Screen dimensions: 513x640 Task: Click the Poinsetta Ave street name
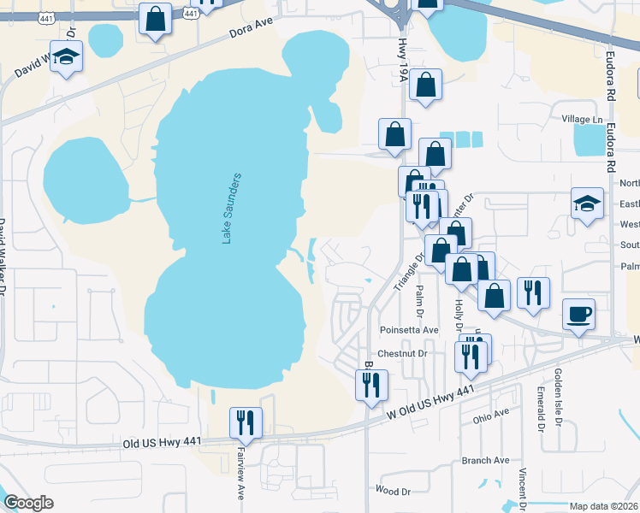[408, 330]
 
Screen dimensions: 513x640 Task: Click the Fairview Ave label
[242, 478]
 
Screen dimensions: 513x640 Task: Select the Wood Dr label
[393, 491]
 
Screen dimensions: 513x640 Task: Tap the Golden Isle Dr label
[557, 398]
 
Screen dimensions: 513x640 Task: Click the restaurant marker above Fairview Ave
[246, 422]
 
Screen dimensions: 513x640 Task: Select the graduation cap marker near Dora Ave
[65, 57]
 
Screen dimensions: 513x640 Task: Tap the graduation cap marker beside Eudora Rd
[587, 204]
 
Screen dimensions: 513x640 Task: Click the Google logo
[28, 503]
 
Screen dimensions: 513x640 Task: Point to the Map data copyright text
[603, 506]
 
